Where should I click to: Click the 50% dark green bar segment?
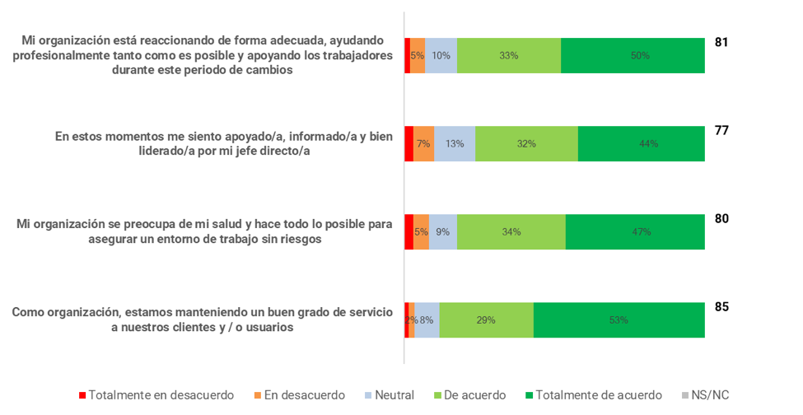(633, 56)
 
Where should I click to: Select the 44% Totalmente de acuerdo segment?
(641, 143)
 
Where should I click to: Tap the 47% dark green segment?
(634, 232)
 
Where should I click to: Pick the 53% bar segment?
(619, 320)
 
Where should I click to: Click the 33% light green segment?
(508, 56)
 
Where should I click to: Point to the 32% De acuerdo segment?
(526, 143)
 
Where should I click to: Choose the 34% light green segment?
(511, 232)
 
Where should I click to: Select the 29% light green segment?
(486, 320)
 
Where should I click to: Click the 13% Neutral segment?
(455, 143)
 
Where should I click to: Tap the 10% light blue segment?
(441, 56)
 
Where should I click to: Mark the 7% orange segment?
(423, 143)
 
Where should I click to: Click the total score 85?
(721, 307)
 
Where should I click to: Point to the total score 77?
(721, 130)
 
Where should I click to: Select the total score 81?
(721, 42)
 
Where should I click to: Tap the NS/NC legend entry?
(709, 395)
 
